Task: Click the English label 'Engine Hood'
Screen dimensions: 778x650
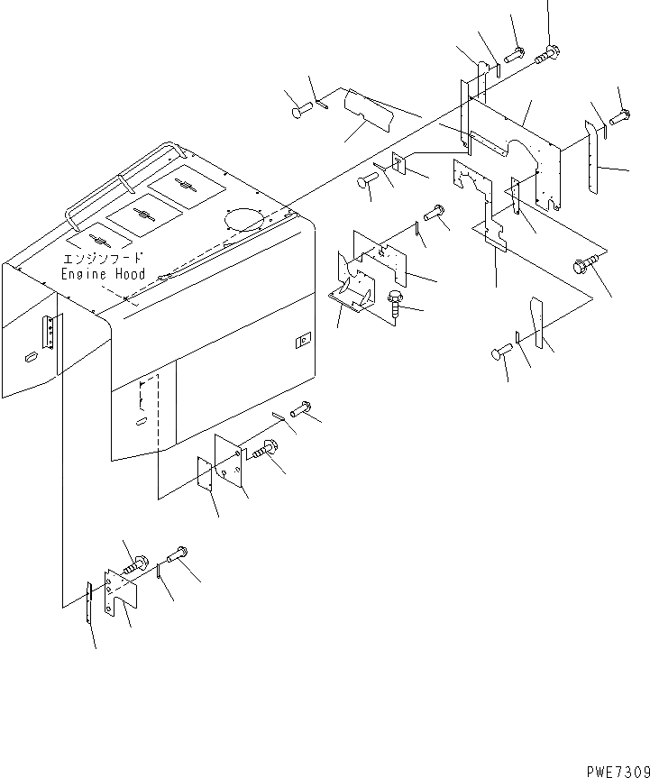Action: pos(103,273)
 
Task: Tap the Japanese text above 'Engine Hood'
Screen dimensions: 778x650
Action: pos(103,258)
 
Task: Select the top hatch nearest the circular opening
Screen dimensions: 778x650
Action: pos(188,186)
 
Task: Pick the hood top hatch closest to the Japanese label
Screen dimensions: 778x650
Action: pos(101,242)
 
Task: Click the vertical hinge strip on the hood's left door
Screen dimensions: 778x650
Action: pos(51,333)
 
